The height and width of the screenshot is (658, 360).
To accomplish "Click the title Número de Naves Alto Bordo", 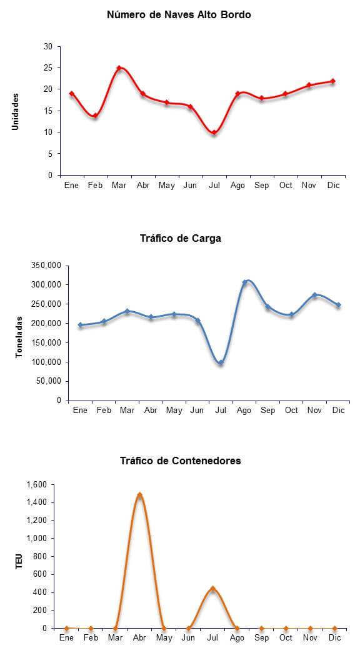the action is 179,15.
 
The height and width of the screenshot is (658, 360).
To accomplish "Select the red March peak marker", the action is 119,68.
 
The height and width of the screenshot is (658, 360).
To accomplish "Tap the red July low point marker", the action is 214,132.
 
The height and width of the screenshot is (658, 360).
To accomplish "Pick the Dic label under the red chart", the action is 334,186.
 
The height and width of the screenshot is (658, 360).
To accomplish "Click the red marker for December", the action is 332,81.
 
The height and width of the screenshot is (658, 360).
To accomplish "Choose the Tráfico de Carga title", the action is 181,238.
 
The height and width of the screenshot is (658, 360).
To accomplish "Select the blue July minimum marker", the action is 221,362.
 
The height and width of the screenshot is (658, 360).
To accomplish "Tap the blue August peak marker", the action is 245,282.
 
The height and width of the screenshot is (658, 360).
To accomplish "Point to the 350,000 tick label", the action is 47,266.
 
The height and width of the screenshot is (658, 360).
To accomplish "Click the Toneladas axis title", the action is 19,337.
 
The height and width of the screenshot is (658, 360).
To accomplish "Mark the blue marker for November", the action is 314,295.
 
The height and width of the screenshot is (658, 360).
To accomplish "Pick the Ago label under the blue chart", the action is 244,411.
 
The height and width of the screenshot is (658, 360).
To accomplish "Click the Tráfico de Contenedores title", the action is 181,461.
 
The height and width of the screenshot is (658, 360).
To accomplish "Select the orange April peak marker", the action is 140,495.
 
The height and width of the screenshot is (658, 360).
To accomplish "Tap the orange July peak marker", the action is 212,589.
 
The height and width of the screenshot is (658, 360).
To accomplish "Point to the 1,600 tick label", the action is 37,485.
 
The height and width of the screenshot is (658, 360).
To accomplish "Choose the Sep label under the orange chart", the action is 261,638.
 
